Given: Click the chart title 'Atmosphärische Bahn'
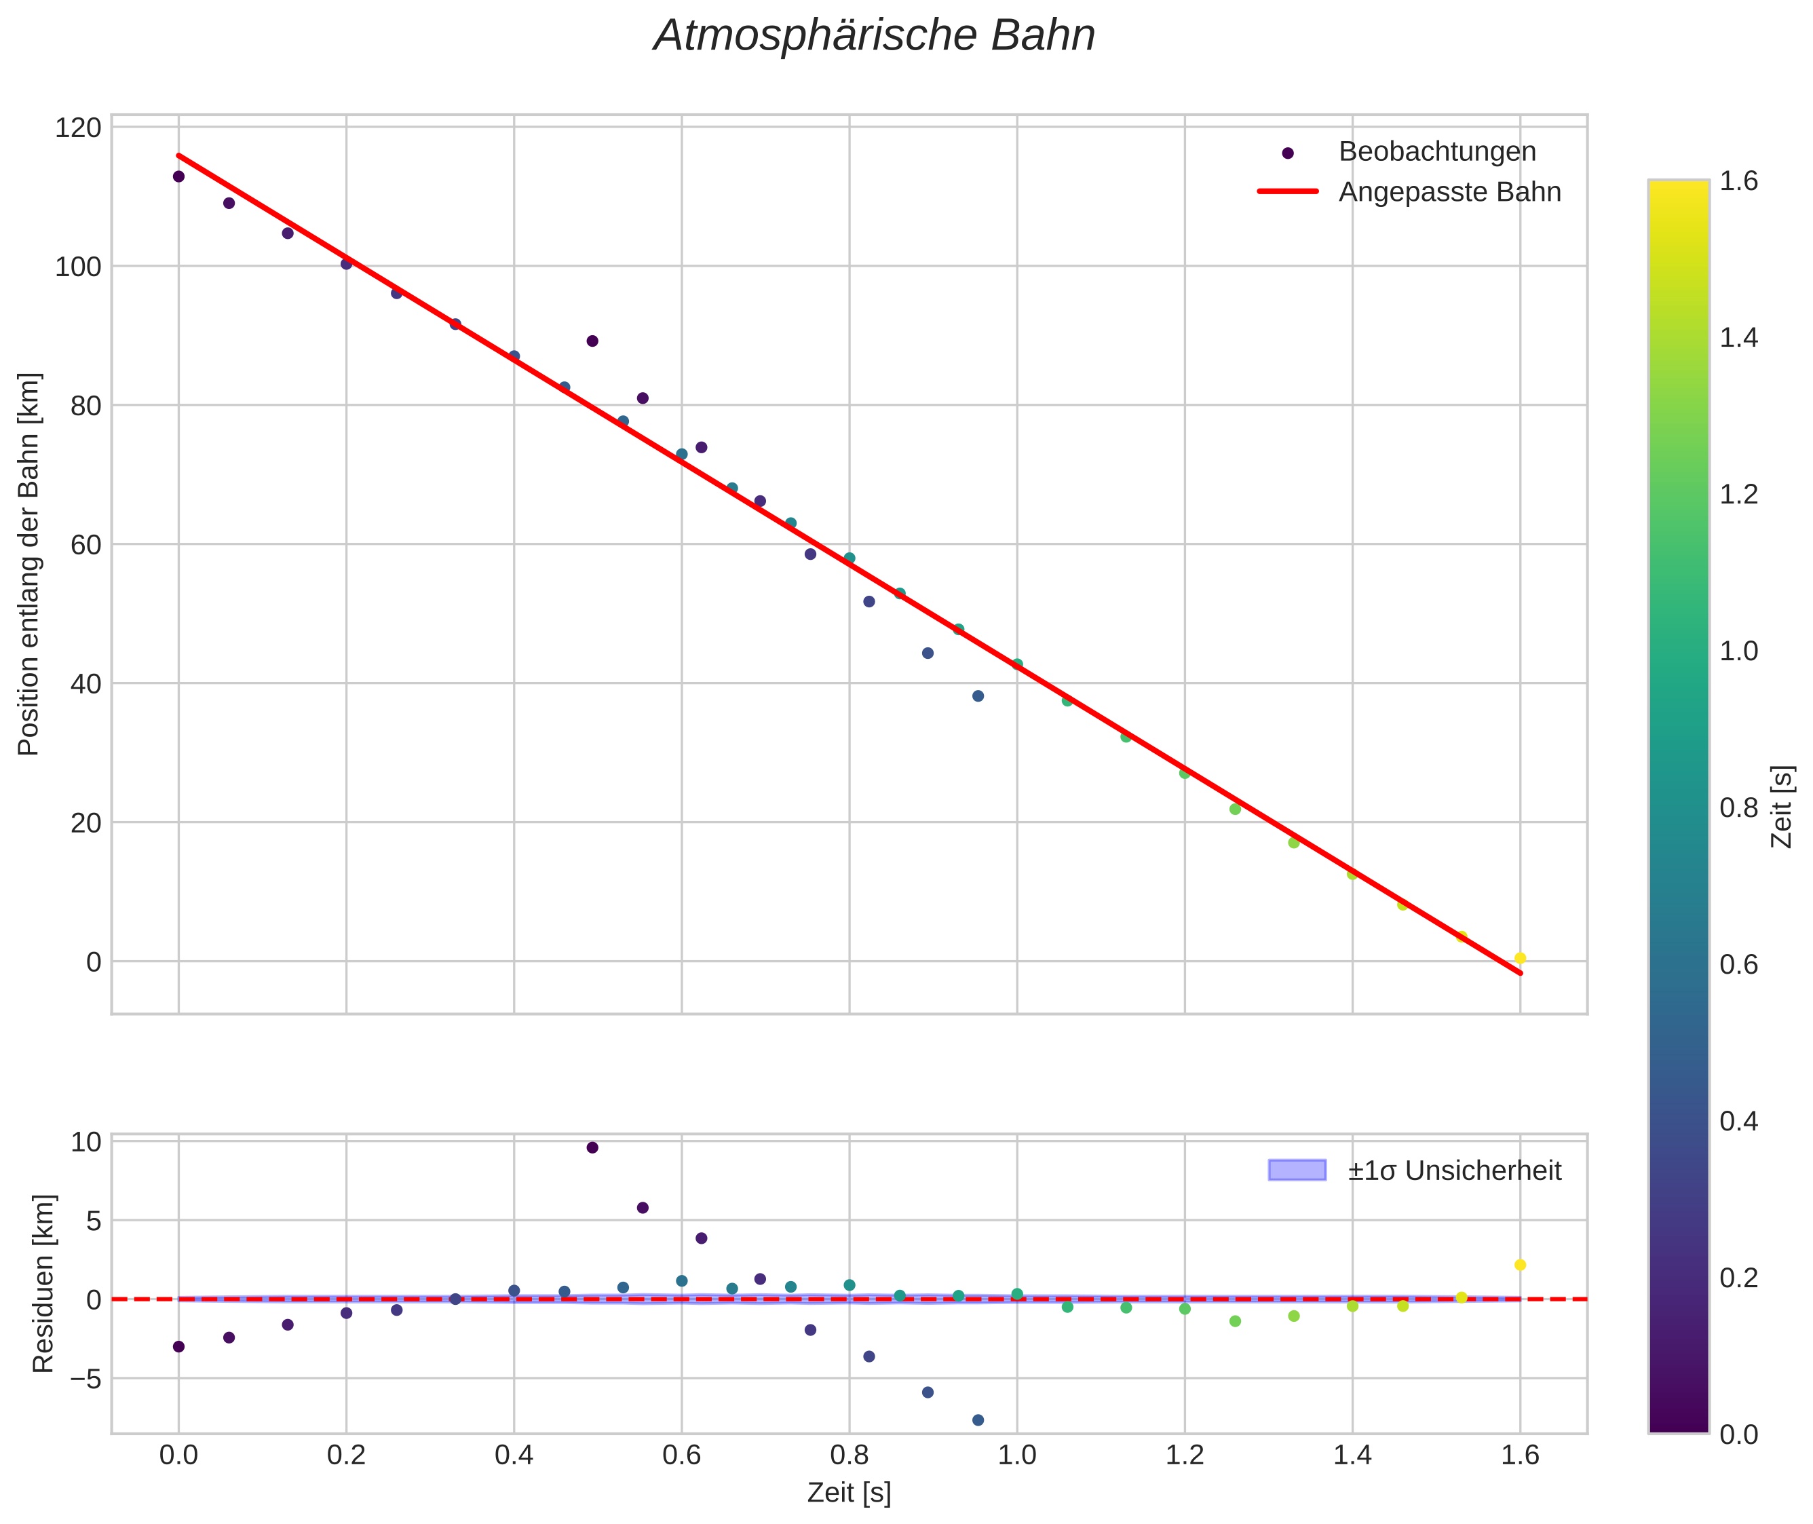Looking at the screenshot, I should [874, 36].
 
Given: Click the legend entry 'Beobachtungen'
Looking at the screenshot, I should [1436, 152].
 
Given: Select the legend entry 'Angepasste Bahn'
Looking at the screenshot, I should [1449, 192].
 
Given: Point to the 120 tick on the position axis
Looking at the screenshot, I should [78, 128].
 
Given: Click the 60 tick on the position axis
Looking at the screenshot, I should [85, 545].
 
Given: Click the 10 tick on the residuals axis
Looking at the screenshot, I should [85, 1142].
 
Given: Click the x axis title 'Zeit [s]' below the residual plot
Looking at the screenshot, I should [848, 1493].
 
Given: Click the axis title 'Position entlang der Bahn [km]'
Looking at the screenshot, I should [28, 564].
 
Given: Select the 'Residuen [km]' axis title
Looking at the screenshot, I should [43, 1284].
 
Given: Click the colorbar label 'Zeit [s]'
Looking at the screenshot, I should [1781, 806].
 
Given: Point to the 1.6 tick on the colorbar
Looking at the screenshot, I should [1738, 180].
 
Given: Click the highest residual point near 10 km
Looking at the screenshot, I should [592, 1147].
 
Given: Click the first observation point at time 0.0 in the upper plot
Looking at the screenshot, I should [179, 176].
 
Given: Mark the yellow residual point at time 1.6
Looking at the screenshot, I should [1520, 1265].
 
